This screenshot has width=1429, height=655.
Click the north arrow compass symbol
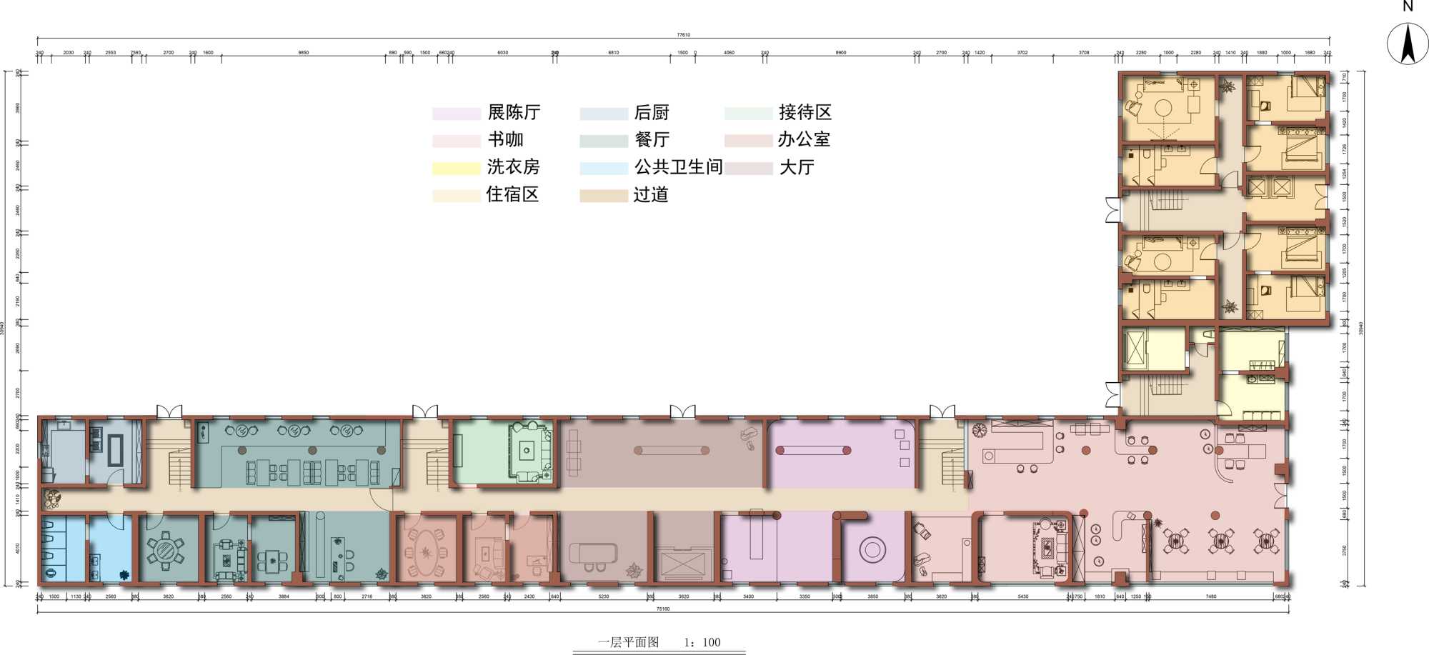click(x=1407, y=44)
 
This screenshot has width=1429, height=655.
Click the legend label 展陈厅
click(x=513, y=112)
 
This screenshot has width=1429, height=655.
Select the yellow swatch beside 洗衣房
click(x=455, y=168)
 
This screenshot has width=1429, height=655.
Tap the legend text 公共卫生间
click(x=677, y=167)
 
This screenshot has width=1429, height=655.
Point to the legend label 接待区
click(x=805, y=112)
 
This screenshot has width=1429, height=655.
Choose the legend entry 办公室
click(x=803, y=139)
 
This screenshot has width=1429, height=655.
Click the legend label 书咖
click(x=505, y=139)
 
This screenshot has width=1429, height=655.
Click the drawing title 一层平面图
click(x=628, y=642)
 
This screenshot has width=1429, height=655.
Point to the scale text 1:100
click(x=702, y=642)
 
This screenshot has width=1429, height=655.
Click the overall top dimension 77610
click(x=683, y=34)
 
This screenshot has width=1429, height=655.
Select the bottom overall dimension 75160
click(x=662, y=609)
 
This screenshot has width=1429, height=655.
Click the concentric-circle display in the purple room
click(x=872, y=550)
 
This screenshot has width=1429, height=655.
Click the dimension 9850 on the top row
click(x=303, y=52)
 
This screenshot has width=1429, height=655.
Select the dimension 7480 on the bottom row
click(x=1210, y=596)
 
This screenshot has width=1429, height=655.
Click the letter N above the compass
click(x=1408, y=6)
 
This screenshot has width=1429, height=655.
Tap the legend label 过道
click(x=650, y=195)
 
